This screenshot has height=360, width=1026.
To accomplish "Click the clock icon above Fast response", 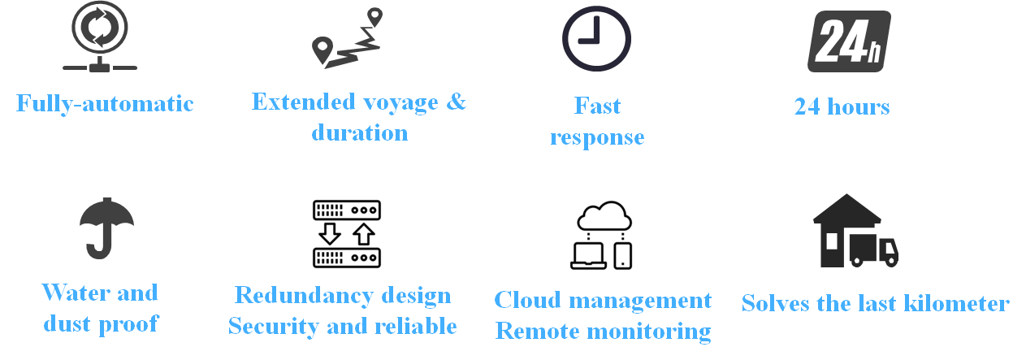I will click(596, 39).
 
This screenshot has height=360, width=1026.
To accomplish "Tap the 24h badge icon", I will click(849, 41).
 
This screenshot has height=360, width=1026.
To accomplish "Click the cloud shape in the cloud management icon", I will click(604, 215).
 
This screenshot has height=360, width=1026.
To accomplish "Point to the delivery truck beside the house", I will click(874, 250).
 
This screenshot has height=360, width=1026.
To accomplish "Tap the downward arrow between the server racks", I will click(330, 234).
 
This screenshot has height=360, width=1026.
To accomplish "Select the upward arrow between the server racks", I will click(364, 234).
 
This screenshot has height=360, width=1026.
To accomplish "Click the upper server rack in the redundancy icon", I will click(347, 210).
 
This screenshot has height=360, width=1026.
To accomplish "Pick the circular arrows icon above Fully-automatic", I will click(100, 29).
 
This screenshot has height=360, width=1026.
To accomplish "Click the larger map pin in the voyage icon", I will click(323, 50).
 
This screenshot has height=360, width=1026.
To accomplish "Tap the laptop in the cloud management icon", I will click(588, 255).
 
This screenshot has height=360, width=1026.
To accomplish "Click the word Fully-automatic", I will click(105, 104).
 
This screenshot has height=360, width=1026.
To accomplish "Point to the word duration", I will click(360, 132).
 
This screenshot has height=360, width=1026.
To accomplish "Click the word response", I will click(597, 137).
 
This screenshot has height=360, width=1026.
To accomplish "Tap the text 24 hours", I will click(842, 106).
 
